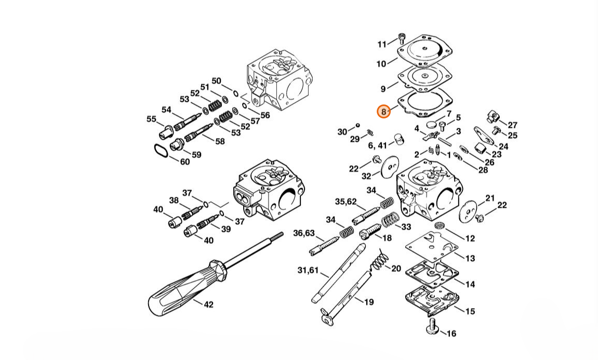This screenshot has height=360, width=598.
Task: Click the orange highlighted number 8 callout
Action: click(x=383, y=111)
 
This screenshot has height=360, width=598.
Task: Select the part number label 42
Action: click(x=209, y=304)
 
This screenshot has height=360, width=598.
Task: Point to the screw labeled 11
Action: click(x=401, y=37)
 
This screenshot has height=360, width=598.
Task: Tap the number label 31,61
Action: click(x=308, y=270)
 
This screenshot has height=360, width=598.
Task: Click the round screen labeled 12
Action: click(x=440, y=225)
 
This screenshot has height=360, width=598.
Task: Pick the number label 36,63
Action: click(x=303, y=233)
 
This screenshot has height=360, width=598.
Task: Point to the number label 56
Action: click(x=264, y=115)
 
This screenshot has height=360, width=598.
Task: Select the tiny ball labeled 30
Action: click(x=358, y=125)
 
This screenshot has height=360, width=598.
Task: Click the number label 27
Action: click(x=513, y=125)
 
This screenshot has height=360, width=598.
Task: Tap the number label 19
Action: click(x=369, y=302)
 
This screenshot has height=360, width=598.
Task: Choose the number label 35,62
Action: click(x=345, y=202)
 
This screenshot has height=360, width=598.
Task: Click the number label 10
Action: click(x=381, y=64)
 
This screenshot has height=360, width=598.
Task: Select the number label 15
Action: click(x=470, y=311)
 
